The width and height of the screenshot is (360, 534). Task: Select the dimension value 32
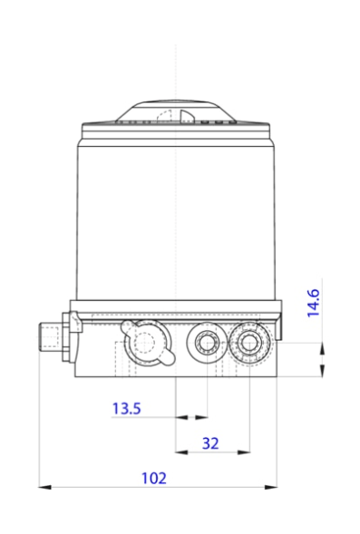coord(210,442)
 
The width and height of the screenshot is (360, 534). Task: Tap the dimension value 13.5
coord(126,409)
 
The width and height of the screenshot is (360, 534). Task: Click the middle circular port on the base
coord(204,342)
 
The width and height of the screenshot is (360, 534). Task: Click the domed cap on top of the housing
coord(175,111)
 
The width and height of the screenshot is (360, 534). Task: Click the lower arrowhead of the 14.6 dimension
coord(322,372)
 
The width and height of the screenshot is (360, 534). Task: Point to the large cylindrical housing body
coord(175,213)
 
